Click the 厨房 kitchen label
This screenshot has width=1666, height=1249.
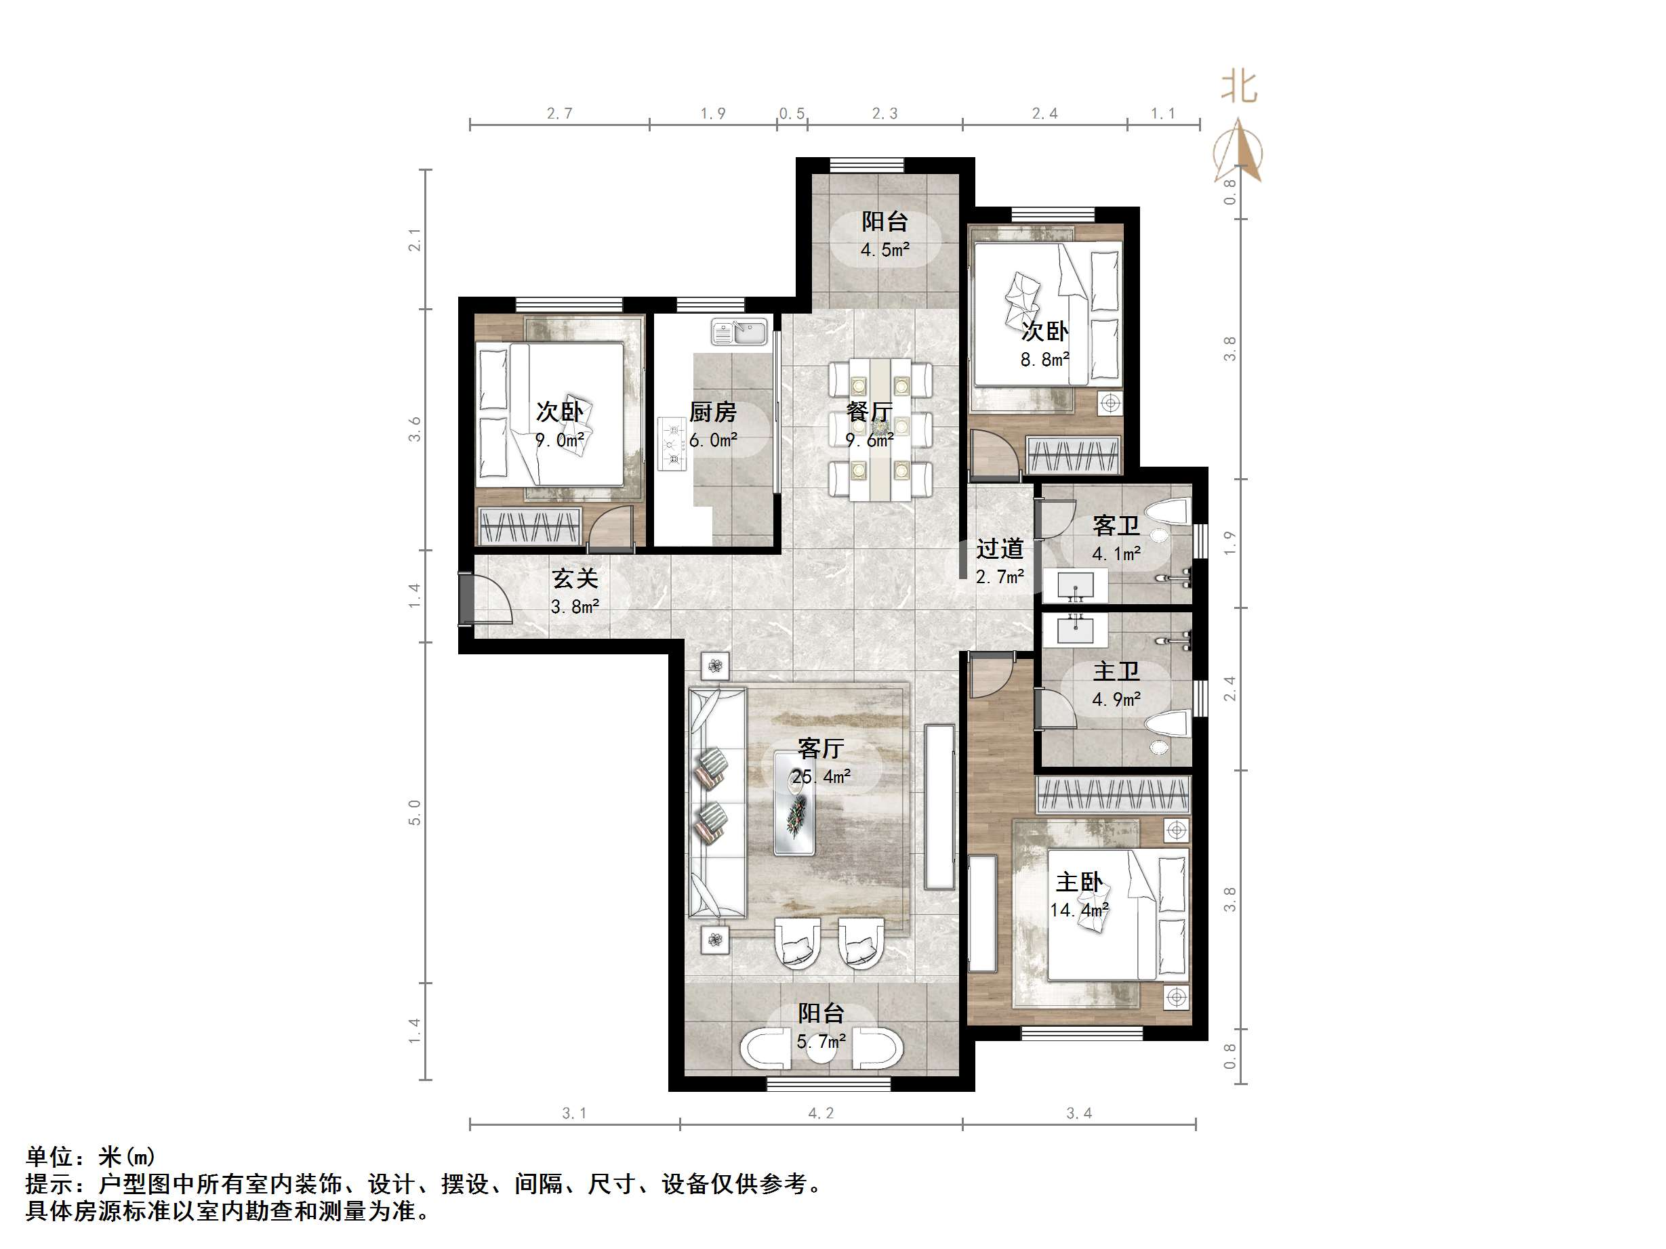click(x=712, y=412)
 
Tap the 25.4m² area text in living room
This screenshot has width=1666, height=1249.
click(x=821, y=776)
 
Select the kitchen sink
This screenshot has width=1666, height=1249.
click(x=739, y=331)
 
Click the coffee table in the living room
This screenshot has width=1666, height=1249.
click(x=794, y=803)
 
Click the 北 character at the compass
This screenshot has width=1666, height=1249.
click(x=1239, y=87)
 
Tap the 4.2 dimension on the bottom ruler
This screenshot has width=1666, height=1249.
click(x=821, y=1113)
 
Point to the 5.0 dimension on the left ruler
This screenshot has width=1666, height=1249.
click(x=414, y=813)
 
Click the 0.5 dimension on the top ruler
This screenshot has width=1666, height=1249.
click(x=792, y=114)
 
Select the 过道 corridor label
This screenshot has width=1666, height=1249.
click(x=1000, y=549)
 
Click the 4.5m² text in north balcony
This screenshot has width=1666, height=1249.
click(x=885, y=249)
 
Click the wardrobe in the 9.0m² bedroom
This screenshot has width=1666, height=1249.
click(x=530, y=525)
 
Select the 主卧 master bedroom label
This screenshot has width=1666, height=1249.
click(x=1078, y=882)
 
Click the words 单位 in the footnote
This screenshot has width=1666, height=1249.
click(x=49, y=1156)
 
